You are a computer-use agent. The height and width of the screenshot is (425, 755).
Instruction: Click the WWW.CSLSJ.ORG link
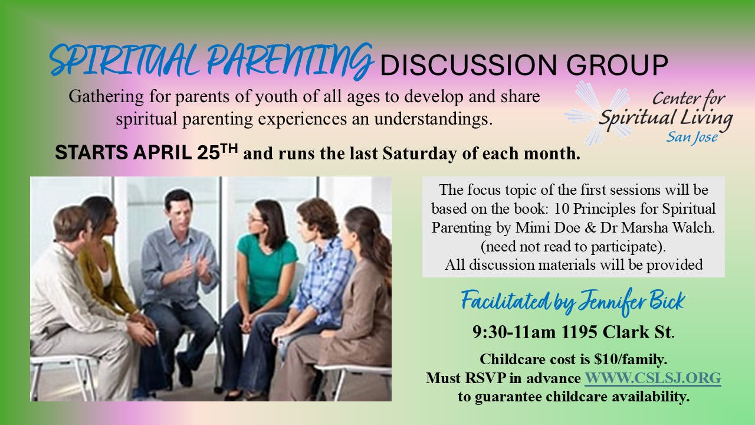(652, 378)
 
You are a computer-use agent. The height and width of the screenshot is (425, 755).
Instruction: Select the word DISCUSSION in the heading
(468, 65)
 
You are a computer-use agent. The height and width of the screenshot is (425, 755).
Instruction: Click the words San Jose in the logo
(692, 137)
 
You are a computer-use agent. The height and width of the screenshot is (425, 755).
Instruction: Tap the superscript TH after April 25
(229, 148)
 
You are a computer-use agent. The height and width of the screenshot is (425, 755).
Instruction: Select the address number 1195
(579, 332)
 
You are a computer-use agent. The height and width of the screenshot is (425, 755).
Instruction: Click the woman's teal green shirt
(265, 266)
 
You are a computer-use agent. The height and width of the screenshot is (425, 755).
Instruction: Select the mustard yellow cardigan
(101, 280)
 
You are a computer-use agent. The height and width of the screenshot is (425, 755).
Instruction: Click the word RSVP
(484, 378)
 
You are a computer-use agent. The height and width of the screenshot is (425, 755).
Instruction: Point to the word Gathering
(106, 97)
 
